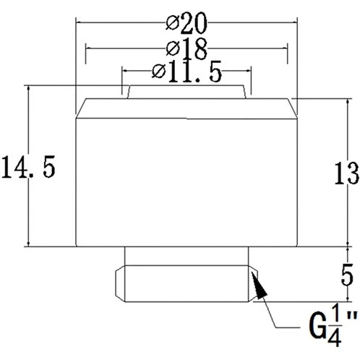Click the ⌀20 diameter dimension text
pos(187,22)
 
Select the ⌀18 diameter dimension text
pos(187,49)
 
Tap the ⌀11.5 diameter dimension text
pos(187,72)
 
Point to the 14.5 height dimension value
pos(28,167)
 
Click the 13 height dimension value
pos(346,173)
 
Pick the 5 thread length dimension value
pos(347,275)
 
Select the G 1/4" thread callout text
pos(333,327)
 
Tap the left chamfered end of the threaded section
pos(120,283)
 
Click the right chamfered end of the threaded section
pos(253,283)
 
